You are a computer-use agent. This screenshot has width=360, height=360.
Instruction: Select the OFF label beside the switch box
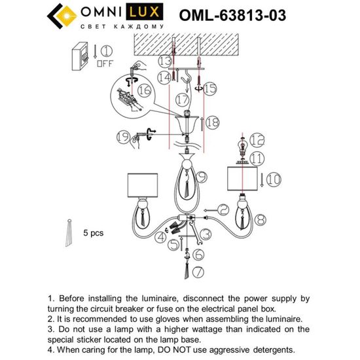(x=105, y=64)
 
